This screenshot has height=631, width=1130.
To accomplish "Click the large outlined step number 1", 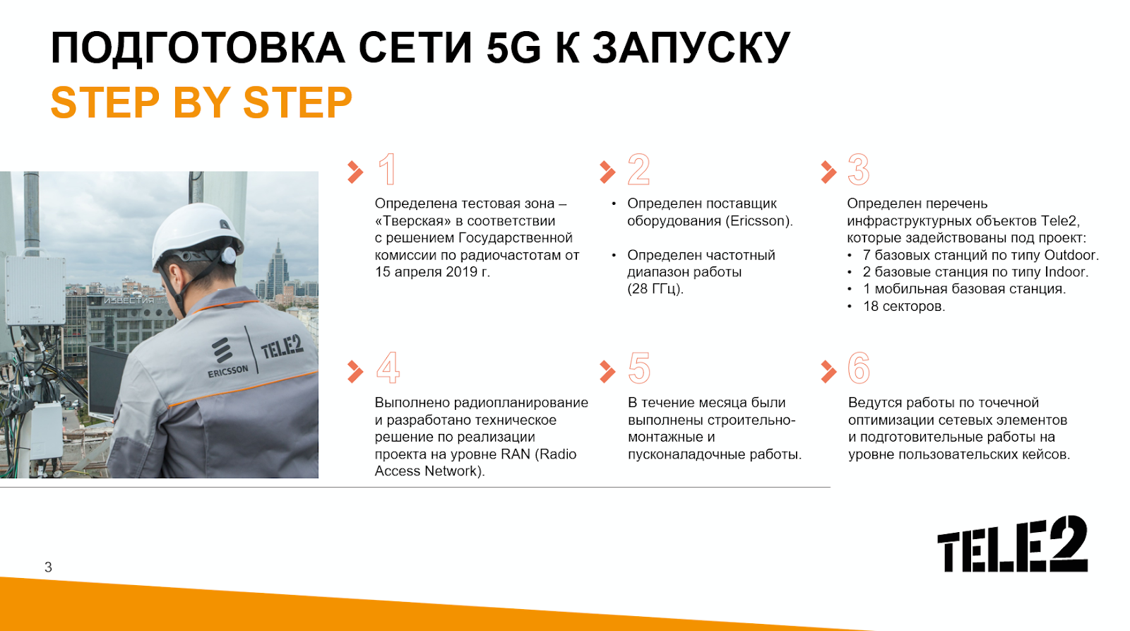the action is pos(388,169).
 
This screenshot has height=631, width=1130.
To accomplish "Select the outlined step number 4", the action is pos(388,368).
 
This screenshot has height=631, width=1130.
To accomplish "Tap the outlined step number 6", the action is pos(859,368).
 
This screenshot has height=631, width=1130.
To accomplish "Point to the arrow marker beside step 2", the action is pos(608,172).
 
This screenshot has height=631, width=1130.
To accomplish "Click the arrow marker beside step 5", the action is pos(608,371).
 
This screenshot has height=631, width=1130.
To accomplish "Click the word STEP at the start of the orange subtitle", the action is pos(105,102).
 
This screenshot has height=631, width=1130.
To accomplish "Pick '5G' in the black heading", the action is pos(513,48).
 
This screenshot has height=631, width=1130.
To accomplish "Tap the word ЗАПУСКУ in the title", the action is pos(691,48).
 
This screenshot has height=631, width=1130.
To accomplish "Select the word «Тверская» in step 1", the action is pos(414,221).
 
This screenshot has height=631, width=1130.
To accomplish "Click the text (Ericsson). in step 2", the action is pos(760,221).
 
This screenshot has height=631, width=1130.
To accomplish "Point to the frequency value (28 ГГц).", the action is pos(655,289).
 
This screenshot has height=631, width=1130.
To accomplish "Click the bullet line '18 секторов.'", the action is pos(904,307).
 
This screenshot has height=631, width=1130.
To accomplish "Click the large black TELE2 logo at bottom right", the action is pos(1013,544).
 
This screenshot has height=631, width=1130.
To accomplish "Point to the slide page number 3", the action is pos(49,567).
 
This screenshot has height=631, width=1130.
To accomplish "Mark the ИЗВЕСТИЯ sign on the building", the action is pos(129,301).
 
